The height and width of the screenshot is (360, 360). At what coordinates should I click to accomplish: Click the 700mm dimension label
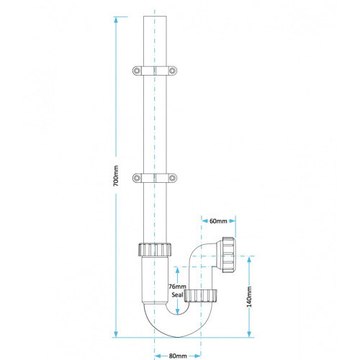point(116,176)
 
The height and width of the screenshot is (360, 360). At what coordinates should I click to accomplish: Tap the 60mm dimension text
point(218,221)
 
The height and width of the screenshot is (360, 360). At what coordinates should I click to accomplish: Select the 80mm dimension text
point(178,356)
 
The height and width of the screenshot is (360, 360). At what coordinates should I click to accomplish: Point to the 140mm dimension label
point(249,297)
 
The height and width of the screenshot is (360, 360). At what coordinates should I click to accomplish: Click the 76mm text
point(177,287)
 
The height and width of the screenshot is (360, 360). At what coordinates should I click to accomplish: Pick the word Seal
point(177,294)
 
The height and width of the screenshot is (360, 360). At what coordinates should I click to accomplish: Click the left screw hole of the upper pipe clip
point(137,71)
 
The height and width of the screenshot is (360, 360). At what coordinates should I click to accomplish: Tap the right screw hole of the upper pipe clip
point(172,71)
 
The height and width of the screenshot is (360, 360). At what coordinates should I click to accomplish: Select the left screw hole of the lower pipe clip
point(137,178)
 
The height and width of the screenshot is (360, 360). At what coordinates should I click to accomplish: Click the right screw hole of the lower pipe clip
point(172,178)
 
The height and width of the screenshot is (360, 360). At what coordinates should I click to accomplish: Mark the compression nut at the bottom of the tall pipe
point(155,250)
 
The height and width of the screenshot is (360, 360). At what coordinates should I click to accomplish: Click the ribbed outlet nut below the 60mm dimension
point(229,255)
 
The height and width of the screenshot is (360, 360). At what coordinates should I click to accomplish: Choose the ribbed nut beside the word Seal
point(201,296)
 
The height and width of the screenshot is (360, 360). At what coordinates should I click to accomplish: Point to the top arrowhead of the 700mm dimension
point(116,19)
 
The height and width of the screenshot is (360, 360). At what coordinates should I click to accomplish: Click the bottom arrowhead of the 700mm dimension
point(116,334)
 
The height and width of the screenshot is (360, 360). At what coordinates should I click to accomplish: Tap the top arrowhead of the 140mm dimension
point(249,259)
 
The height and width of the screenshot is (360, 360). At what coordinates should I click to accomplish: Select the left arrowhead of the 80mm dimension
point(158,356)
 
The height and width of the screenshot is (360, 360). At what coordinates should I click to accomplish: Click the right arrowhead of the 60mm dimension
point(232,221)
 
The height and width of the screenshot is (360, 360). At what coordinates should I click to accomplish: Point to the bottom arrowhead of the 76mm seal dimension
point(177,311)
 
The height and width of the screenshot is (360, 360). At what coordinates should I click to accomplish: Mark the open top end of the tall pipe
point(155,17)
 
